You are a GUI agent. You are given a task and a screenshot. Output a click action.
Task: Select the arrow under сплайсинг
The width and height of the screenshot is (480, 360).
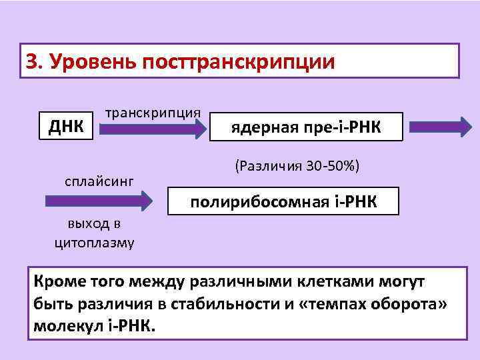pyautogui.click(x=99, y=200)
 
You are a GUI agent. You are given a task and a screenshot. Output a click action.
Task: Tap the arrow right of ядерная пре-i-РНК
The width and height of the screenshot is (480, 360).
pyautogui.click(x=440, y=126)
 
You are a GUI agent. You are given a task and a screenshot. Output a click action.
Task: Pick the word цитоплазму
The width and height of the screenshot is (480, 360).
pyautogui.click(x=94, y=242)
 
